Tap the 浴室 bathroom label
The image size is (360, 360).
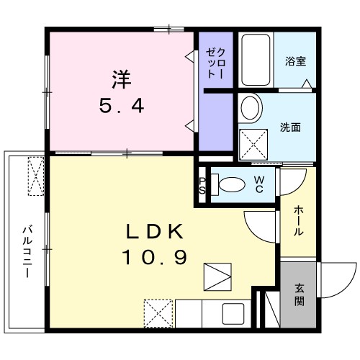pyautogui.click(x=294, y=61)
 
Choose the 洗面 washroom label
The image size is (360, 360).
pyautogui.click(x=290, y=128)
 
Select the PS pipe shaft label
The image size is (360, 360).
pyautogui.click(x=202, y=184)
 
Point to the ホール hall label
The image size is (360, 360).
pyautogui.click(x=298, y=222)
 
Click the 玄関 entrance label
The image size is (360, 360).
pyautogui.click(x=299, y=294)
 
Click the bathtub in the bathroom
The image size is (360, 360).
pyautogui.click(x=255, y=60)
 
